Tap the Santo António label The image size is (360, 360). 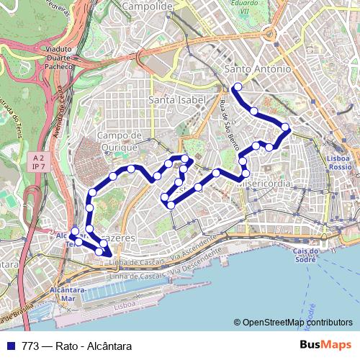[257, 69]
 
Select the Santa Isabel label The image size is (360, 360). [176, 99]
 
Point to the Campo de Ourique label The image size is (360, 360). [117, 141]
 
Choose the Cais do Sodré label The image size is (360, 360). [306, 255]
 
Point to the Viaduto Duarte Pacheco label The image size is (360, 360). [58, 60]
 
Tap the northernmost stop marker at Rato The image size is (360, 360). [236, 88]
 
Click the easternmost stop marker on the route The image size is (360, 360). [285, 127]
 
